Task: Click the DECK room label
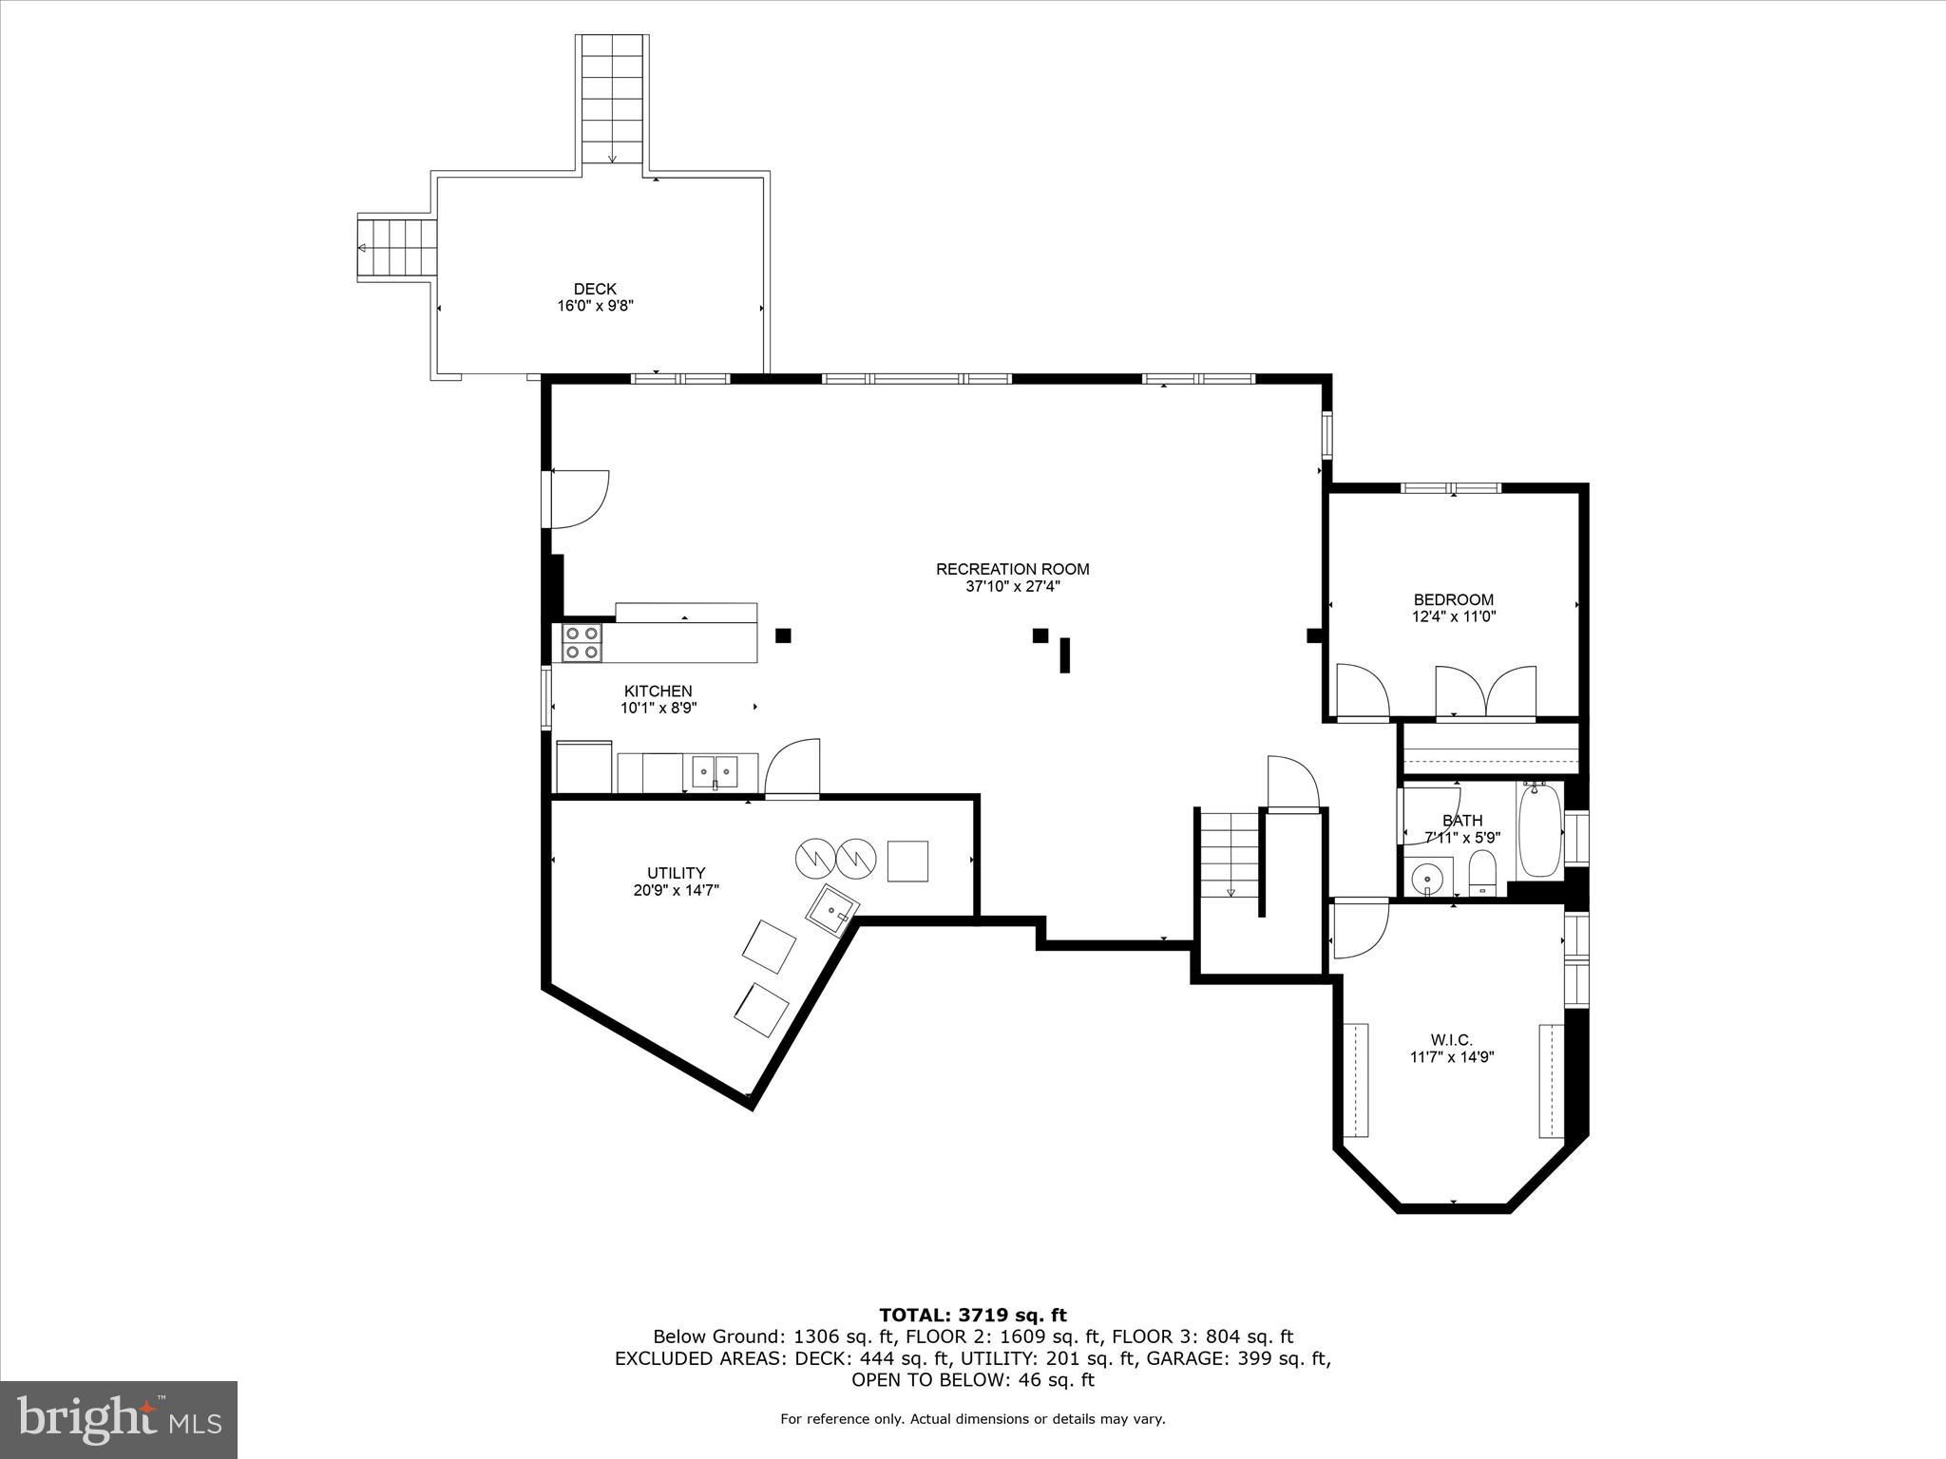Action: click(595, 289)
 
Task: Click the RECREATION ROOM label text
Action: click(1012, 569)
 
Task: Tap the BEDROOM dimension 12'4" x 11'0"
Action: click(1453, 616)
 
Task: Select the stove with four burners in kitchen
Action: click(582, 643)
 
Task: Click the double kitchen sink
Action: click(715, 770)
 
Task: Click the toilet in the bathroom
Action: click(1481, 872)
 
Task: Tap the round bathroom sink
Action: click(1426, 878)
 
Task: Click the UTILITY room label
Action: click(676, 873)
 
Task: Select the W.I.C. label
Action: click(1451, 1040)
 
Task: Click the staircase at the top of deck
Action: click(613, 100)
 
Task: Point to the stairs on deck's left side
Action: click(397, 248)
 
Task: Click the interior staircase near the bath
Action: click(1229, 854)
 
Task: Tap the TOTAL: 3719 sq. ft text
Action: click(973, 1316)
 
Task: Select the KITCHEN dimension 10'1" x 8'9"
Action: click(658, 708)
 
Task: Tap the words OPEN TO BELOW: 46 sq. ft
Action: click(973, 1380)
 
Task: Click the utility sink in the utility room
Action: click(832, 910)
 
